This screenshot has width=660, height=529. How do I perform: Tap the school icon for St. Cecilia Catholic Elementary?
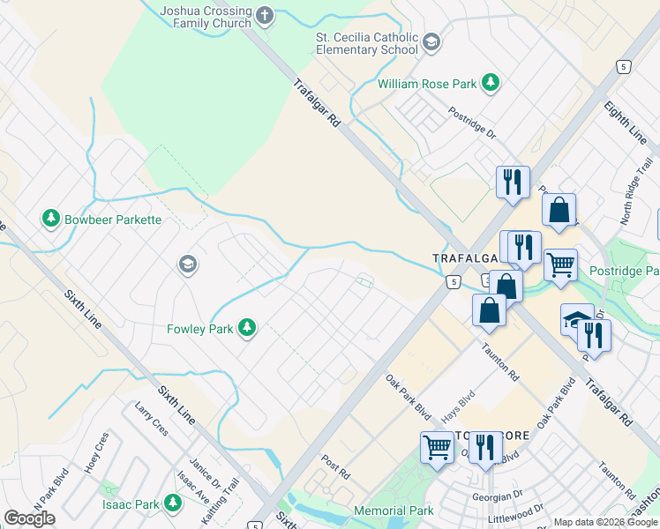point(431,41)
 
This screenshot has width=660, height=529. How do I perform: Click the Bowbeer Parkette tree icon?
point(50,218)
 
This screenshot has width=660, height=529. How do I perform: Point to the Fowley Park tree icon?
point(248,329)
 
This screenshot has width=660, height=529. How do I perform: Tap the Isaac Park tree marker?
point(173,504)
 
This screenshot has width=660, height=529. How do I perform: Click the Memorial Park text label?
point(394,510)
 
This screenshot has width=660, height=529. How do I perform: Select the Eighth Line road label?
point(625,123)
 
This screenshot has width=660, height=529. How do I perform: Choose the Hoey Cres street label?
point(96,451)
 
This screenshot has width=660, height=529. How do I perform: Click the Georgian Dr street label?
point(497,495)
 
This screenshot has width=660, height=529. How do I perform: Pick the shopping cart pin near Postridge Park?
point(560,264)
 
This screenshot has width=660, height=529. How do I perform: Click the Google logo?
point(30,518)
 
